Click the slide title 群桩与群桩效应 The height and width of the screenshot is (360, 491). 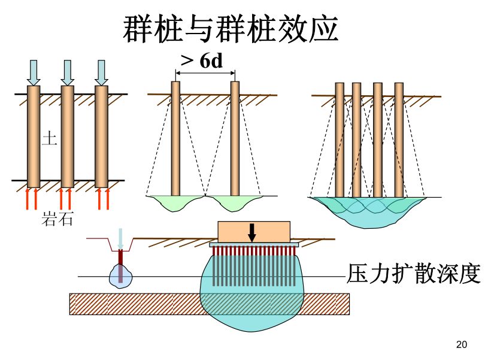[231, 28]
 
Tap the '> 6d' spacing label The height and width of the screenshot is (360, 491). [202, 60]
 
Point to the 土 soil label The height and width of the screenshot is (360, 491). [49, 139]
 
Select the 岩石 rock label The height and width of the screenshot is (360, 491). [57, 219]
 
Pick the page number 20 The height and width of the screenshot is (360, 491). [461, 344]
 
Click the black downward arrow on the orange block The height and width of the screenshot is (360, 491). [252, 232]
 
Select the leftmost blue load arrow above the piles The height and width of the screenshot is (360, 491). [34, 72]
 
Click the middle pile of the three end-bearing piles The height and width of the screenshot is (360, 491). [68, 137]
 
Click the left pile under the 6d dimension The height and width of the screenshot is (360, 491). [175, 138]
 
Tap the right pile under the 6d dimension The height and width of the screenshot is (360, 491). [235, 138]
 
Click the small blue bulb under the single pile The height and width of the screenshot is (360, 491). [120, 276]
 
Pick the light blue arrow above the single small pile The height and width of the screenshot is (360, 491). [120, 238]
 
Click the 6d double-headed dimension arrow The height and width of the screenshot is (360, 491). [205, 74]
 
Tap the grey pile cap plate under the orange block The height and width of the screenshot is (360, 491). [254, 244]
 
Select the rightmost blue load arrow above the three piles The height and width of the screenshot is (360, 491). [101, 72]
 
